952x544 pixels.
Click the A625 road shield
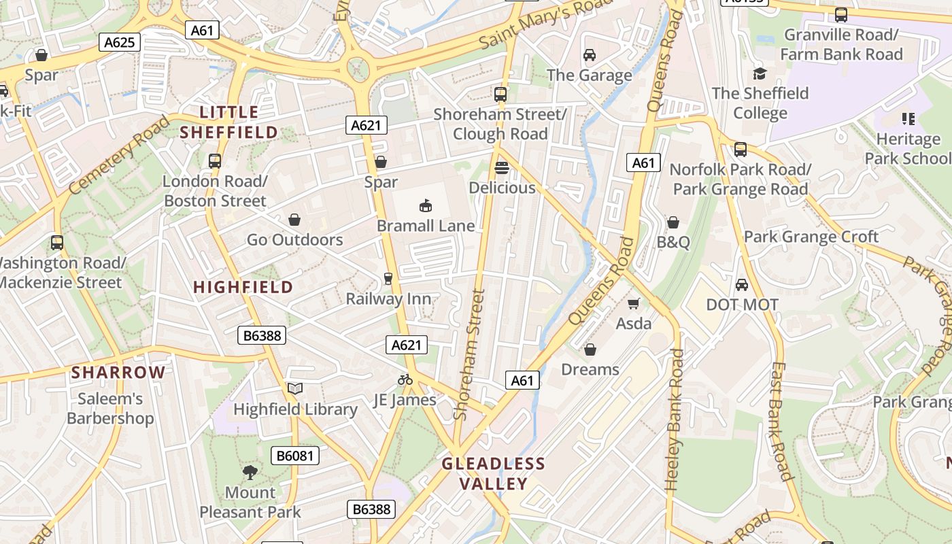(x=120, y=42)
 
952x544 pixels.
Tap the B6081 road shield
(x=295, y=456)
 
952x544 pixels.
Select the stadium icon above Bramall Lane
(x=426, y=205)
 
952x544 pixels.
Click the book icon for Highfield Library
(x=294, y=389)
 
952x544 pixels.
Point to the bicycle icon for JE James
(x=405, y=379)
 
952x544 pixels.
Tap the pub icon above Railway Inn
(x=388, y=278)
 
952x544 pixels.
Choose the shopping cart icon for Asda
(x=634, y=304)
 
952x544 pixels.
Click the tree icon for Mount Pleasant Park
(x=250, y=472)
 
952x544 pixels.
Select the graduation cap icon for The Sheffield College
(x=760, y=73)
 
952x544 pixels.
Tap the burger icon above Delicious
(x=502, y=167)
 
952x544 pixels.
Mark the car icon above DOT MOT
(x=742, y=284)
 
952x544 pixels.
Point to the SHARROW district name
(x=118, y=372)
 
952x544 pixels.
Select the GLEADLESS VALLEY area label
(x=494, y=474)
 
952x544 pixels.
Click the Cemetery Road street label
(x=119, y=154)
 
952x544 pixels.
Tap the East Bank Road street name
(x=781, y=421)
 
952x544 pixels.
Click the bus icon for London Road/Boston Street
(x=215, y=161)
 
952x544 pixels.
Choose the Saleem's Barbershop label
(x=110, y=408)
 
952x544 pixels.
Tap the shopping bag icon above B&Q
(x=673, y=222)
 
